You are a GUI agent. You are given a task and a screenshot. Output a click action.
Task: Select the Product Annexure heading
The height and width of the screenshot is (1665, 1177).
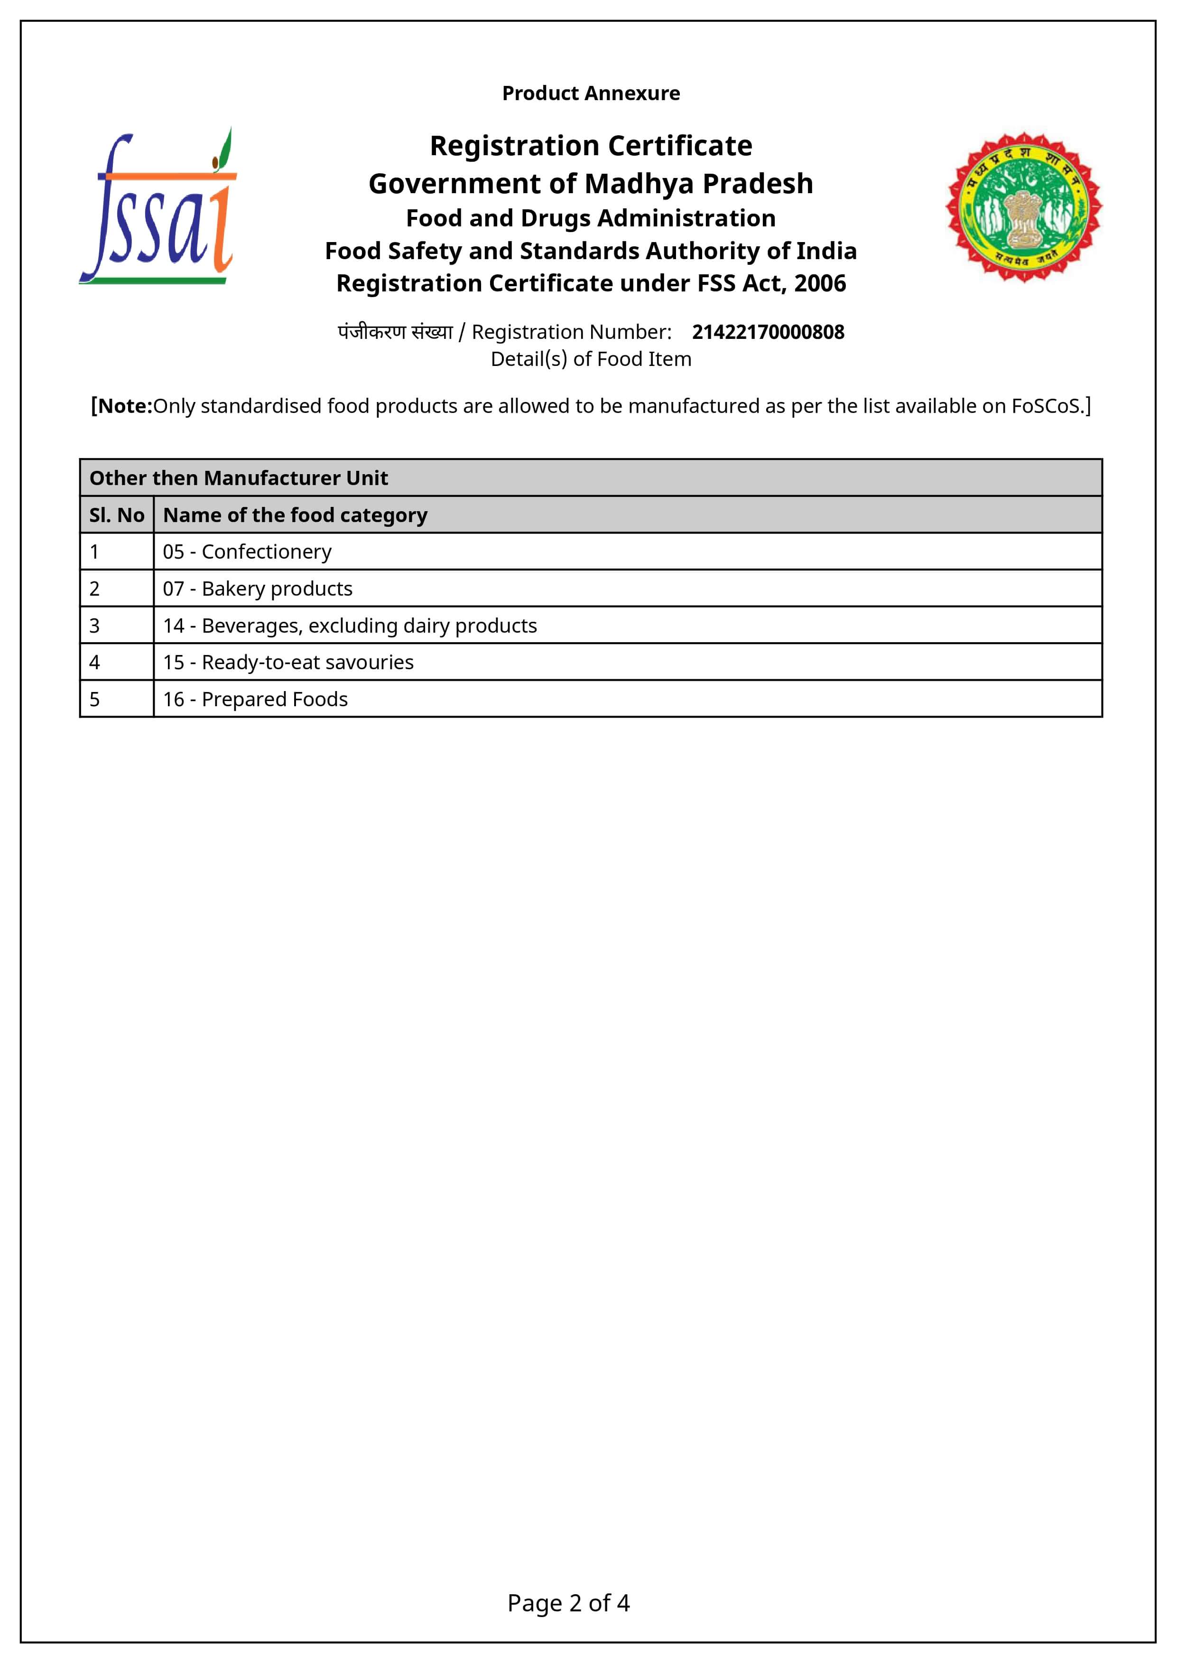click(x=591, y=94)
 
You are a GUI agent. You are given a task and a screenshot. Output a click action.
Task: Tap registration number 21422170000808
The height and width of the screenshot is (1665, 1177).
click(x=768, y=332)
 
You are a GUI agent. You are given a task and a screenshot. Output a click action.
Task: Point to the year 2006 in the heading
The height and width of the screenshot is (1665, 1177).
click(x=820, y=283)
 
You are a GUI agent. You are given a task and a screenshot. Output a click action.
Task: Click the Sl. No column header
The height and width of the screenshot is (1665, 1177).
click(x=117, y=515)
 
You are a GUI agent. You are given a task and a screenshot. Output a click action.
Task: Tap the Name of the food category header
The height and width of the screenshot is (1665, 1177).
click(x=295, y=515)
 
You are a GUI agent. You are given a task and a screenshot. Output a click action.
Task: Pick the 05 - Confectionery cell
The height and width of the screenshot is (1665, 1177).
click(x=247, y=552)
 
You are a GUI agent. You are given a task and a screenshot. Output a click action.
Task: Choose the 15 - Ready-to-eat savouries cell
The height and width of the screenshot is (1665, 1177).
click(x=288, y=663)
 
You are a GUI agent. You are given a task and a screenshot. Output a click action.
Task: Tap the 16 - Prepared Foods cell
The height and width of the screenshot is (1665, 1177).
click(x=255, y=700)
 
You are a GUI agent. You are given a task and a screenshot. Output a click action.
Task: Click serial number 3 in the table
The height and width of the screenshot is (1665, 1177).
click(x=94, y=626)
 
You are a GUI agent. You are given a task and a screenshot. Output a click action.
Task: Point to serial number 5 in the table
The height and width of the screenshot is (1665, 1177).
click(x=94, y=700)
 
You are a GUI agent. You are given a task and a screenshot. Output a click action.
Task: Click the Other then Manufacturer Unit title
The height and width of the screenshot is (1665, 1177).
click(x=239, y=478)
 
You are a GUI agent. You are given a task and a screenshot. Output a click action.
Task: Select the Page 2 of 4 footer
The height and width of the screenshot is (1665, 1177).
click(x=568, y=1603)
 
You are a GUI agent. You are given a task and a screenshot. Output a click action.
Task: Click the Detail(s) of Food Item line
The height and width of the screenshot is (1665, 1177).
click(x=591, y=359)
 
